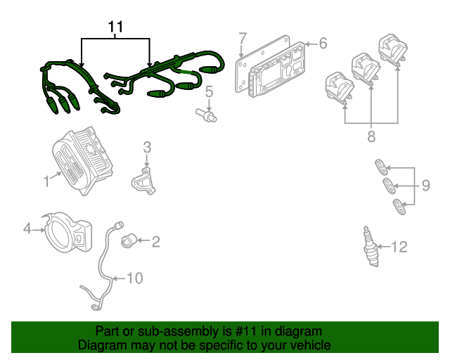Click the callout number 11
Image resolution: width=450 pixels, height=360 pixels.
coord(116,27)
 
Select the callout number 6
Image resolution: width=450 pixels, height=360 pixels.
coord(323,44)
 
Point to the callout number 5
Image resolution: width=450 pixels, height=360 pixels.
coord(209,91)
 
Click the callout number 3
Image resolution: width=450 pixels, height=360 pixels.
coord(147,147)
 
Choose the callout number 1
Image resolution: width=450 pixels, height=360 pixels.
coord(46,181)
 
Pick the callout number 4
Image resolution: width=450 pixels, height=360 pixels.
coord(27,228)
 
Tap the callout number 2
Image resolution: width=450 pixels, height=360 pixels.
coord(155,243)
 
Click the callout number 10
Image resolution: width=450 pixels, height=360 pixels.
coord(134,278)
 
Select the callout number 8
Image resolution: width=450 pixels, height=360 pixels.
coord(371,137)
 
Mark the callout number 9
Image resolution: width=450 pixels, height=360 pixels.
coord(425,186)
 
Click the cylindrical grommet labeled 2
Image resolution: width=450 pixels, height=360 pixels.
coord(127,242)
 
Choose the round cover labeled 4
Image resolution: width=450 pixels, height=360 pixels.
coord(67,233)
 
